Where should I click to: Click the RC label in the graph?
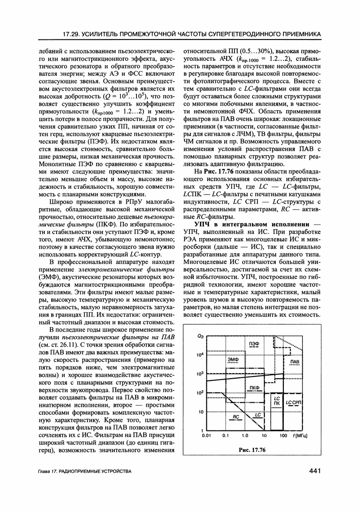[236, 416]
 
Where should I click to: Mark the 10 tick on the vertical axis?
[199, 412]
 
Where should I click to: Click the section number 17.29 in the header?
[74, 34]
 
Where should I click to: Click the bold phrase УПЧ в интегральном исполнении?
[252, 225]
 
